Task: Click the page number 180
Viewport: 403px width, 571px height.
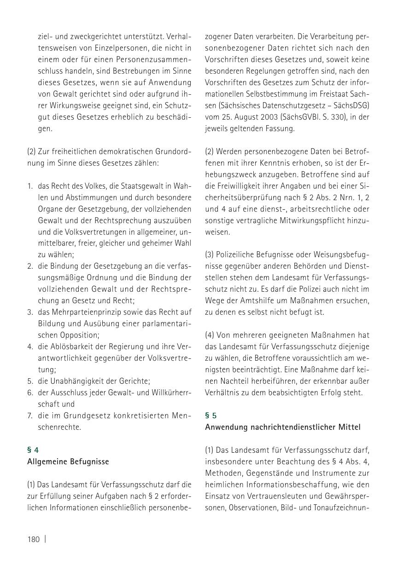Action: click(34, 539)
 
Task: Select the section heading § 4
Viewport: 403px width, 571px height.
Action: click(33, 450)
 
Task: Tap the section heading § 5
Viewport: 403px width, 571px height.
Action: click(210, 415)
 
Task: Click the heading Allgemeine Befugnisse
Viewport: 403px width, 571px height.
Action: click(68, 461)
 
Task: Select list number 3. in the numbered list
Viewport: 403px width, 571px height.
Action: click(30, 312)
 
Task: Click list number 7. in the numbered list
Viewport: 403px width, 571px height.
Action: click(30, 415)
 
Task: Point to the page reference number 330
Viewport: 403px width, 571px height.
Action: click(337, 117)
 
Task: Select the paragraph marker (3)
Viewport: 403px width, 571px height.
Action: click(210, 254)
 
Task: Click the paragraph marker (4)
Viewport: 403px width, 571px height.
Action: click(210, 335)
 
